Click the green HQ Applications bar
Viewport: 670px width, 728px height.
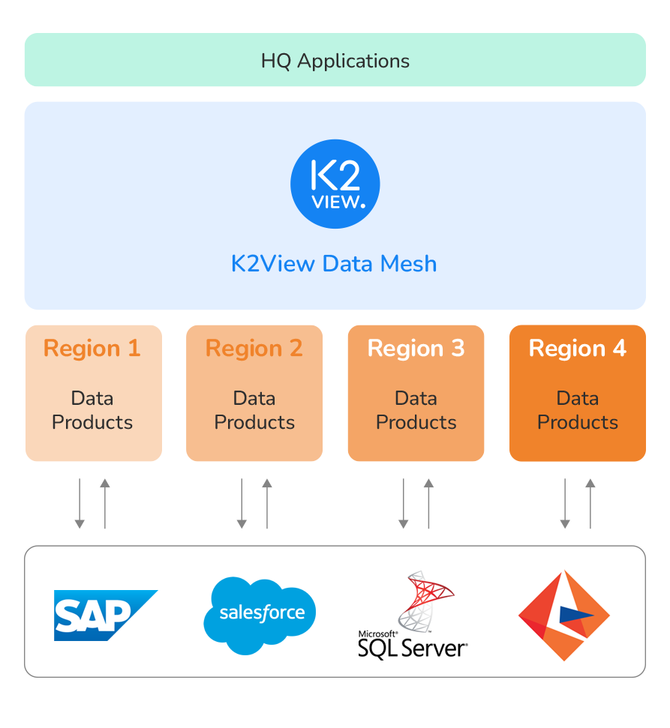[335, 60]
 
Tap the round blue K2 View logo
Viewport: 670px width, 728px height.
[335, 183]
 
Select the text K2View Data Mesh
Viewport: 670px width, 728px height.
[334, 264]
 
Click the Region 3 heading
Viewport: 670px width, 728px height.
[416, 349]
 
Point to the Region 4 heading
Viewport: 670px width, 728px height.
[577, 349]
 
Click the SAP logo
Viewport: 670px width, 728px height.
[105, 615]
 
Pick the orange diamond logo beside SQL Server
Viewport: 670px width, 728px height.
[563, 616]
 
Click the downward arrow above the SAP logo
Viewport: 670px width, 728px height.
[80, 503]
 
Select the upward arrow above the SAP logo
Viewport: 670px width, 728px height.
[105, 503]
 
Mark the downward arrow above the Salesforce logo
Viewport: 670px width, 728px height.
[242, 503]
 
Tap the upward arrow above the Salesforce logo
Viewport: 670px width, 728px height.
[267, 503]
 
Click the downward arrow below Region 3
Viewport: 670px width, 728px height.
[404, 503]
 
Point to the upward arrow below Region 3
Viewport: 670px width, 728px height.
[429, 503]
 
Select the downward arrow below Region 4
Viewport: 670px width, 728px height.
[565, 503]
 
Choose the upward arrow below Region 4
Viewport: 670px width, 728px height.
[590, 503]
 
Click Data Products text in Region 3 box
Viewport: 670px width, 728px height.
[416, 410]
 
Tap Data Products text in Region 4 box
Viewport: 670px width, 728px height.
[577, 410]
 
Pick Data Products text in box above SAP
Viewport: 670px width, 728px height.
[92, 410]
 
